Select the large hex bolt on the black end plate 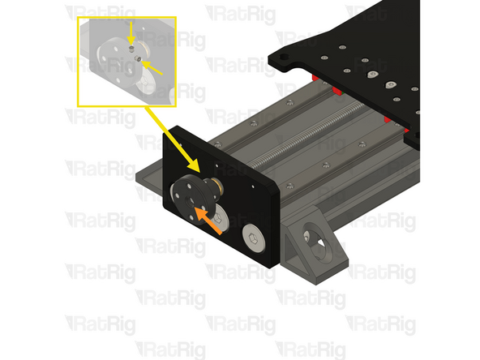253,238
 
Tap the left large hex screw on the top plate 371,75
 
